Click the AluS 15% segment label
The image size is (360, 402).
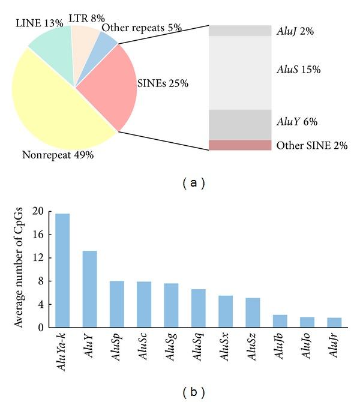pos(299,70)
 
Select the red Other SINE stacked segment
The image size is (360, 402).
pos(240,145)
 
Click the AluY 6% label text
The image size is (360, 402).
pos(297,122)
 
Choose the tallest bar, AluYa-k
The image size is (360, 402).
pos(62,270)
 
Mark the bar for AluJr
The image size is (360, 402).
pos(334,323)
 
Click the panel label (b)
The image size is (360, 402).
pos(194,392)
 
